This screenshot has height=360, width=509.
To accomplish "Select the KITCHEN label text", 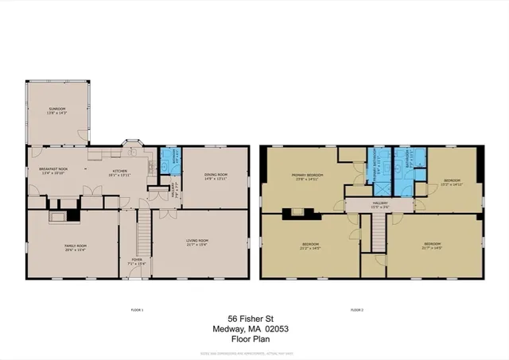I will click(119, 171).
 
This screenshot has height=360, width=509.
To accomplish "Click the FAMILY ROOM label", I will click(76, 247).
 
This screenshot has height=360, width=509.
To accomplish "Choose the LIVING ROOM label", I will click(197, 242).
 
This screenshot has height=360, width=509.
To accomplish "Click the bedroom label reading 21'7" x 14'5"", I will click(433, 245).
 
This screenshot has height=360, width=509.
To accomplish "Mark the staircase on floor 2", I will click(379, 232).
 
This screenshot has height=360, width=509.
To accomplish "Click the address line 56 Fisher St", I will click(254, 315).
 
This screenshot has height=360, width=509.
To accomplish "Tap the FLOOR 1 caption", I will click(137, 308).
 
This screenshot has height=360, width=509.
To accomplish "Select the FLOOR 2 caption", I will click(356, 308).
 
